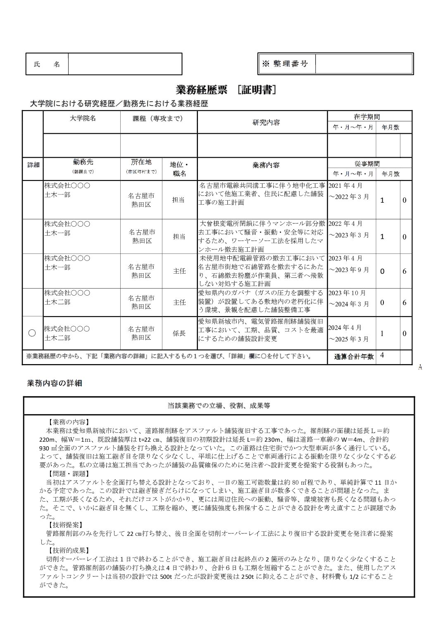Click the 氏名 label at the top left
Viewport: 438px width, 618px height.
[x=46, y=64]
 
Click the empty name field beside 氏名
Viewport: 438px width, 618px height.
[x=125, y=64]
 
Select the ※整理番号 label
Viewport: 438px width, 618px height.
[x=286, y=64]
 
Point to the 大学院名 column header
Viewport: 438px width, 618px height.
[x=82, y=118]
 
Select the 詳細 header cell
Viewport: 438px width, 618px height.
[x=33, y=165]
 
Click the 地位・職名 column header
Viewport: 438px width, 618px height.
[x=179, y=169]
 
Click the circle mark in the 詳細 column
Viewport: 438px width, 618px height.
[x=32, y=333]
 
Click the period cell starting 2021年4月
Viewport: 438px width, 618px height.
[x=350, y=192]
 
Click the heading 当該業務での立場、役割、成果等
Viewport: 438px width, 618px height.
[x=219, y=406]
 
